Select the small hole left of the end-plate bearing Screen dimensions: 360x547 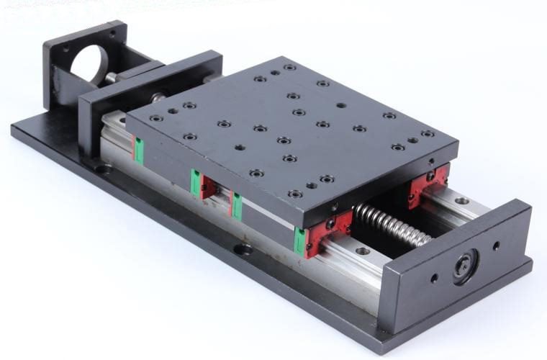[x=433, y=276]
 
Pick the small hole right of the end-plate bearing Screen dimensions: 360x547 [x=496, y=246]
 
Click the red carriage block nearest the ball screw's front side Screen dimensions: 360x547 [x=327, y=232]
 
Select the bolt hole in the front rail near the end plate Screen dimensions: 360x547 [x=363, y=251]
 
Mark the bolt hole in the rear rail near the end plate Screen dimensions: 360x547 [x=461, y=201]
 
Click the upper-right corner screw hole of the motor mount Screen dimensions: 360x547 [x=113, y=33]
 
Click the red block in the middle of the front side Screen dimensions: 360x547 [x=205, y=187]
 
